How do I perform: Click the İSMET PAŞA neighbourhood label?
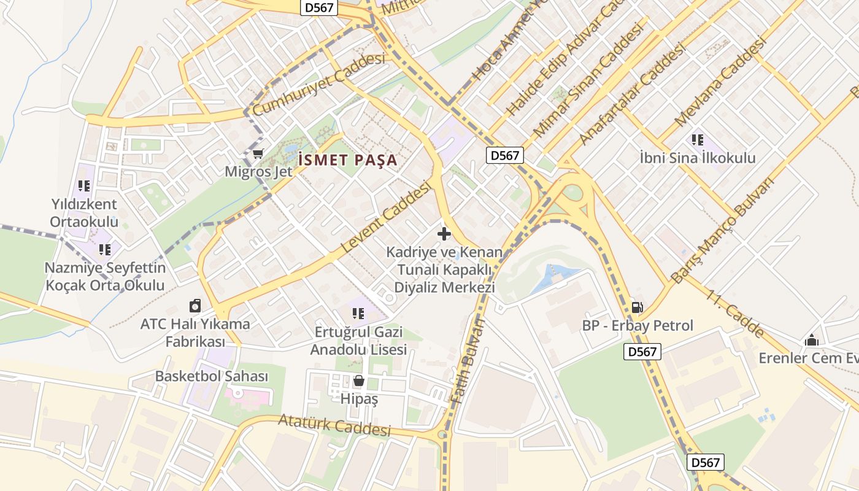348,161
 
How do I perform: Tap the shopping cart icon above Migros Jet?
258,153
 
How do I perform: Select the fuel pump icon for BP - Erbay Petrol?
638,307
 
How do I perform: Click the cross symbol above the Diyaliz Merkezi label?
444,234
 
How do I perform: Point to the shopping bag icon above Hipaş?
359,381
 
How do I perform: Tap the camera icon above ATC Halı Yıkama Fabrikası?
195,306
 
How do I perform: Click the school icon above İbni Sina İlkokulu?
698,140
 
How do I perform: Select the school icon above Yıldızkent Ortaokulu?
84,185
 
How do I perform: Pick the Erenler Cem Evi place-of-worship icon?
812,340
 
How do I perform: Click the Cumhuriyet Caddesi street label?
318,84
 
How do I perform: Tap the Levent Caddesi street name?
387,218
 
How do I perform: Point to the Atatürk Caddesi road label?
334,425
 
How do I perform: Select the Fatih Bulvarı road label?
468,362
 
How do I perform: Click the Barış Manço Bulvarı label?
722,230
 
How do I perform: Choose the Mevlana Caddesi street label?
720,82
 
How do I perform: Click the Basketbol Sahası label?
212,376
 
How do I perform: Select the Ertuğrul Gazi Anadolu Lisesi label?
358,341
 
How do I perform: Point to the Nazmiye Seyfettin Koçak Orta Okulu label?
105,277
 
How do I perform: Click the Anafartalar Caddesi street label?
631,95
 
